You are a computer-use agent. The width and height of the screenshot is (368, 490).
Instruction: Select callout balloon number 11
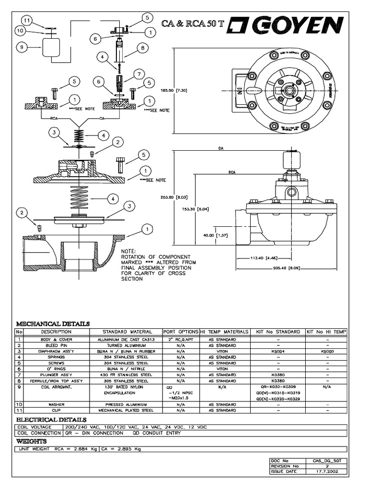[27, 21]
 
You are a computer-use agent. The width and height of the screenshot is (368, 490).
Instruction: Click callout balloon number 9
[22, 47]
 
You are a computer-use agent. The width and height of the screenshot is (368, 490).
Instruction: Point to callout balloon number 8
[142, 47]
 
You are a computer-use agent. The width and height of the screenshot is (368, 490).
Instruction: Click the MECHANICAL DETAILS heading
[53, 323]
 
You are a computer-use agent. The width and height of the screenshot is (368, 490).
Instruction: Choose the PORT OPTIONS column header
[181, 332]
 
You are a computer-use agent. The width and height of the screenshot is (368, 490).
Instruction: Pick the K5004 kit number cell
[278, 351]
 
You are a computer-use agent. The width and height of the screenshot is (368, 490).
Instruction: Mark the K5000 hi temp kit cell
[327, 351]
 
